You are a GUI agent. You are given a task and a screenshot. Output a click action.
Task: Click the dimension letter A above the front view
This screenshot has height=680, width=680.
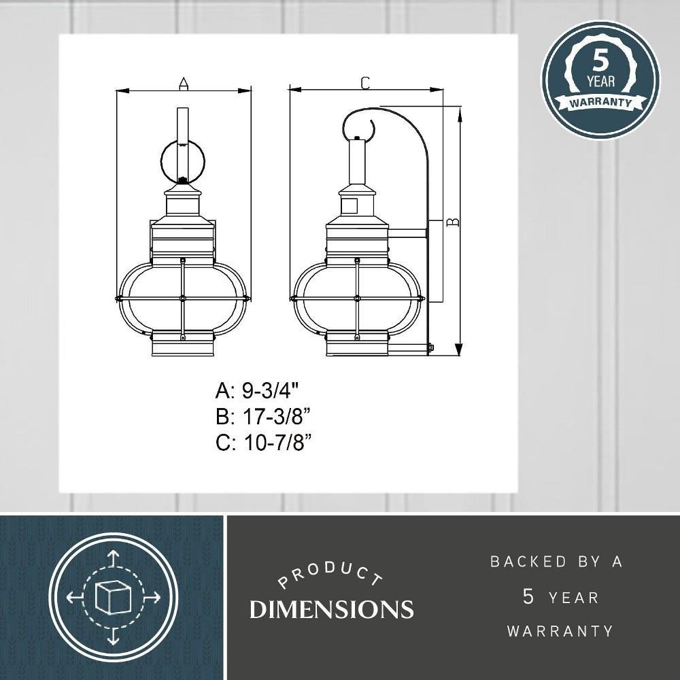click(x=184, y=83)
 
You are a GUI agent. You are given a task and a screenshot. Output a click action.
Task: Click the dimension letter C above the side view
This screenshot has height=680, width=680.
click(x=366, y=83)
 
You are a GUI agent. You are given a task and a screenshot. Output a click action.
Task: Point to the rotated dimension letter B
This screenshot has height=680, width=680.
click(x=453, y=222)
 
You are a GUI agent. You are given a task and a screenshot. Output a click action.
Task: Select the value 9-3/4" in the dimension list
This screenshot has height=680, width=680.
click(x=271, y=391)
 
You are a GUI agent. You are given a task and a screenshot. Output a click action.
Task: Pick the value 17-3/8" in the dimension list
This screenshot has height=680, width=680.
click(x=277, y=418)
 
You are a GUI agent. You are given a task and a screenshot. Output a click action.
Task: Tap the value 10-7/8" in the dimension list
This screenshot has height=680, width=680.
click(x=277, y=443)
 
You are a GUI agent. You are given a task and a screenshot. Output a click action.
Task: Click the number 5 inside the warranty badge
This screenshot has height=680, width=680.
click(x=600, y=61)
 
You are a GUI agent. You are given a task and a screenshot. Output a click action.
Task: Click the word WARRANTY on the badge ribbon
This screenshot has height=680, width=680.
click(x=600, y=103)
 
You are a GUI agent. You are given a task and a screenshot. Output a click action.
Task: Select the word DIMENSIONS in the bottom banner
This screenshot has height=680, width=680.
click(x=331, y=609)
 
